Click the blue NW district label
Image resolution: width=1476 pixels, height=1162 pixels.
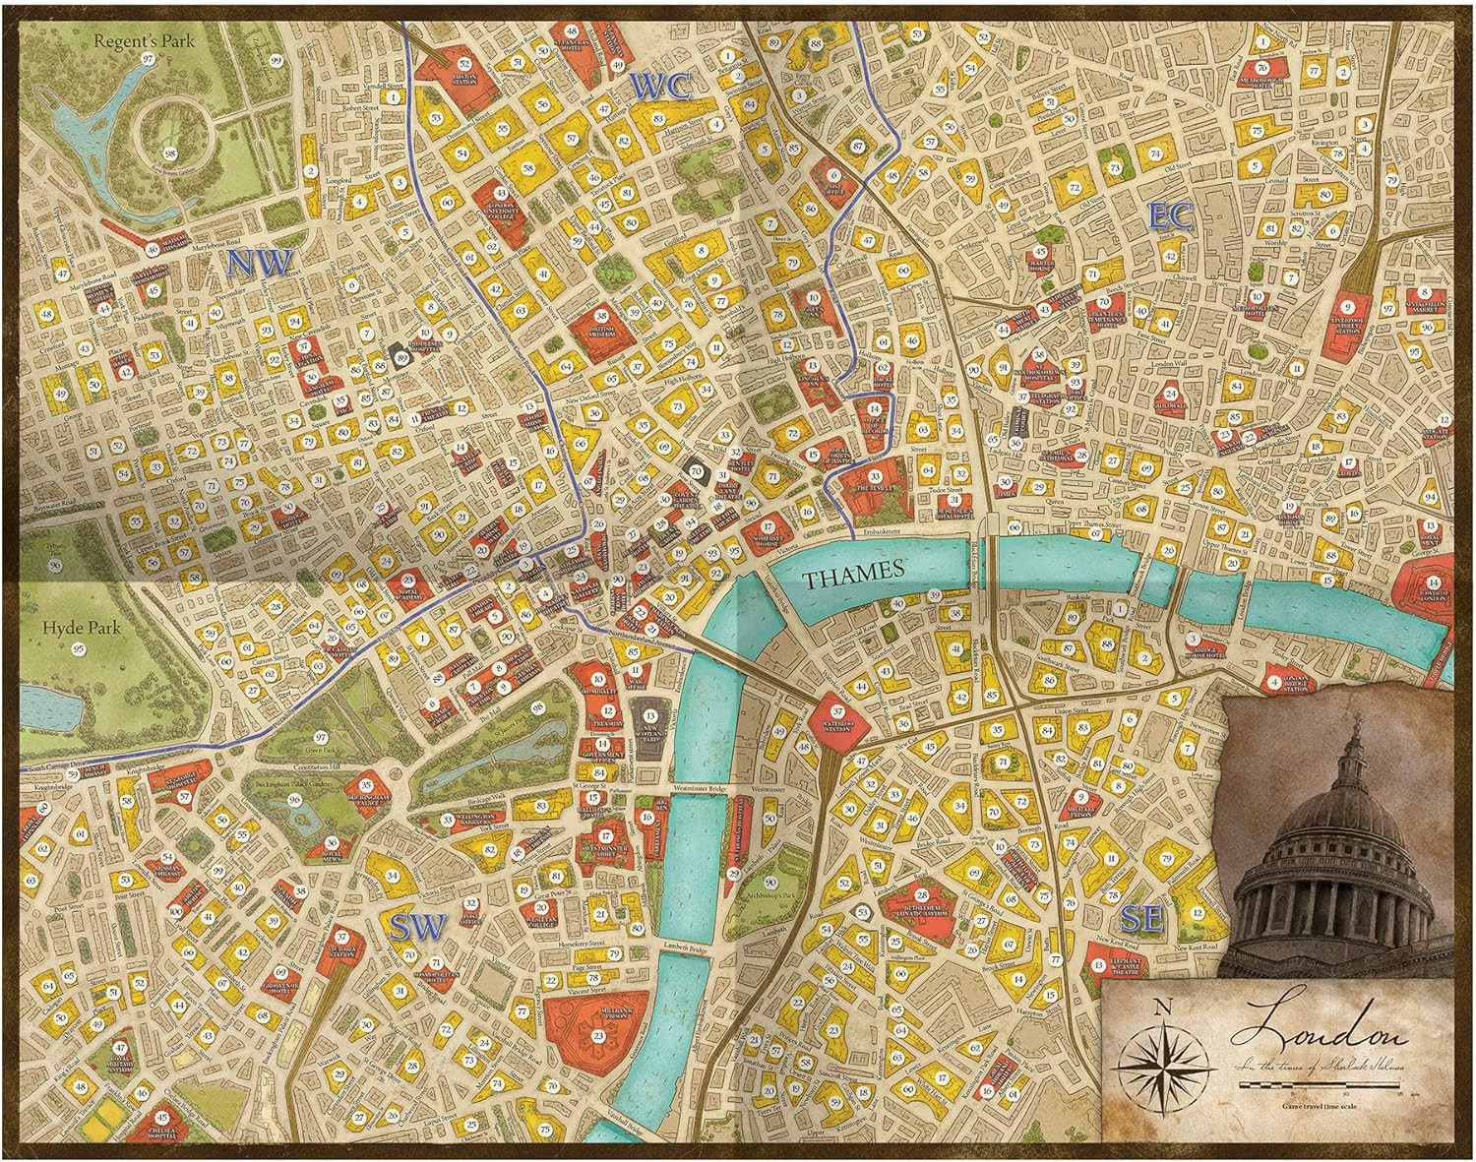pos(260,263)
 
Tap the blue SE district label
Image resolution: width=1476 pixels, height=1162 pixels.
pos(1141,919)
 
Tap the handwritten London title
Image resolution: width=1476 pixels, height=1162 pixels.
pos(1319,1033)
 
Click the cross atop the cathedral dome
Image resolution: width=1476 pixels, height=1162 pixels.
pos(1356,726)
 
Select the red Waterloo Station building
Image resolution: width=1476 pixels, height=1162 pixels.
pos(838,714)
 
